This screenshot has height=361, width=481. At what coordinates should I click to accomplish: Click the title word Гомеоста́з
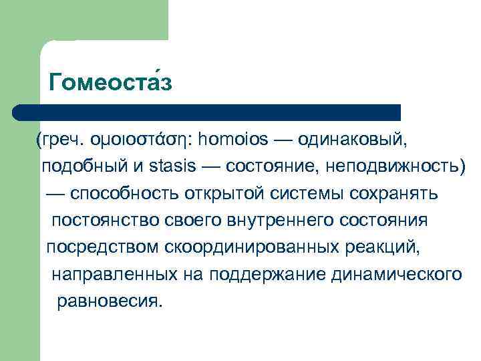click(111, 83)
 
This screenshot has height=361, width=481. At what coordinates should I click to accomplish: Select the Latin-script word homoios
click(234, 140)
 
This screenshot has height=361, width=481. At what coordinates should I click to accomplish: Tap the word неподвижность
click(391, 166)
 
